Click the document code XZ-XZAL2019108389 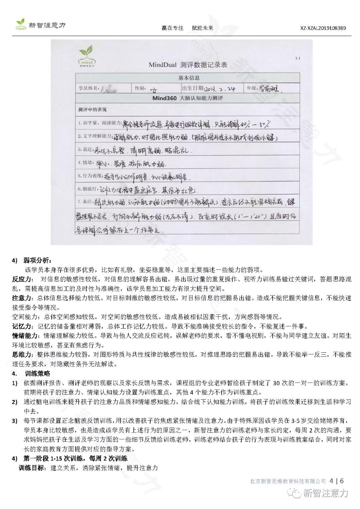tap(323, 28)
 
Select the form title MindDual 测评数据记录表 tap(188, 65)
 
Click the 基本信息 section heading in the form tap(189, 78)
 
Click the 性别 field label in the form tap(140, 88)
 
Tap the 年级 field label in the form tap(252, 88)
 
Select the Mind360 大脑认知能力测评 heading tap(187, 99)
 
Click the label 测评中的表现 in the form tap(92, 110)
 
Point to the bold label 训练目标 tap(31, 468)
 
